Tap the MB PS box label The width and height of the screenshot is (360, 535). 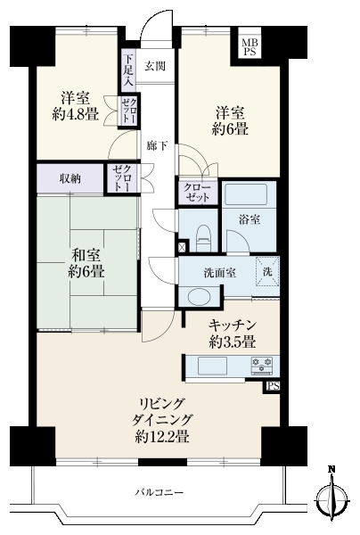pyautogui.click(x=247, y=46)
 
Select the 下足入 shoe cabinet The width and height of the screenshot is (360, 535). pyautogui.click(x=129, y=70)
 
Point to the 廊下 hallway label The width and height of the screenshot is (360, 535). pyautogui.click(x=155, y=144)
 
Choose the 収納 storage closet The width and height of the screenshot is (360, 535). pyautogui.click(x=70, y=178)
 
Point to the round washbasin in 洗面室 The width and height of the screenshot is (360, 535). pyautogui.click(x=193, y=296)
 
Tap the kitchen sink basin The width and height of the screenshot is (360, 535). pyautogui.click(x=214, y=365)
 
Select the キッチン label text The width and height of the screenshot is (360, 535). pyautogui.click(x=233, y=325)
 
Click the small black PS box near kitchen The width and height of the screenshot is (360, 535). pyautogui.click(x=271, y=386)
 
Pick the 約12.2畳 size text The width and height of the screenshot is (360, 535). pyautogui.click(x=163, y=437)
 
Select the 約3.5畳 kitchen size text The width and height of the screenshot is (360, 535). pyautogui.click(x=233, y=342)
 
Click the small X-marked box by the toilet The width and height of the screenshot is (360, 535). pyautogui.click(x=184, y=246)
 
